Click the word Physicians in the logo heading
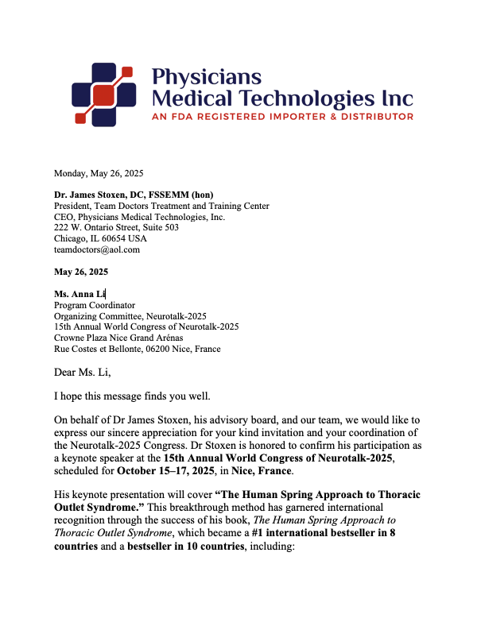(206, 77)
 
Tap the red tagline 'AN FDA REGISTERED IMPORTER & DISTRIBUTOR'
(282, 116)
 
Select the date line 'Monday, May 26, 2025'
(99, 173)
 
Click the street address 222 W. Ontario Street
(100, 227)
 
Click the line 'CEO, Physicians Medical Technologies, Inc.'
(139, 217)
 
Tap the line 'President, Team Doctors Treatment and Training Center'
(161, 206)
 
